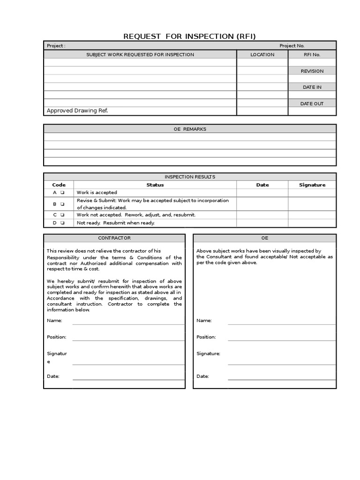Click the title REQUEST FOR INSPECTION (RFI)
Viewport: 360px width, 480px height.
(189, 37)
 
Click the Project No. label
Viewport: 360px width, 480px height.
(292, 45)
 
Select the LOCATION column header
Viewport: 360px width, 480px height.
(262, 54)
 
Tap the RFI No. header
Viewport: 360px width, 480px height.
(312, 54)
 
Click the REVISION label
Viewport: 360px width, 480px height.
(312, 71)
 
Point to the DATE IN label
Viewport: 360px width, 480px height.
(312, 87)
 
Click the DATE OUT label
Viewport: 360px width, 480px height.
(312, 104)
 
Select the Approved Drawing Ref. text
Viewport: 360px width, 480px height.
(77, 111)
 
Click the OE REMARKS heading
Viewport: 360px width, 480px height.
(189, 129)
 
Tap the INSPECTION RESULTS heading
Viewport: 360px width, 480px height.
(189, 177)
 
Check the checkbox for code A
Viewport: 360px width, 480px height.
(62, 193)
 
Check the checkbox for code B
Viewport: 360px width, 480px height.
(62, 204)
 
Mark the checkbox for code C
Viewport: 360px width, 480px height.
(62, 215)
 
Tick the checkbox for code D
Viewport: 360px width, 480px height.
(62, 223)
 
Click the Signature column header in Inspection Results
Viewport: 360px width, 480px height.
(312, 185)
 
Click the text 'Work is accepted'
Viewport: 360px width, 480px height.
(97, 193)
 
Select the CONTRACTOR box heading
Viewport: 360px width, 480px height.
(114, 238)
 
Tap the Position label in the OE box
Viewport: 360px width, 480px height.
(206, 337)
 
